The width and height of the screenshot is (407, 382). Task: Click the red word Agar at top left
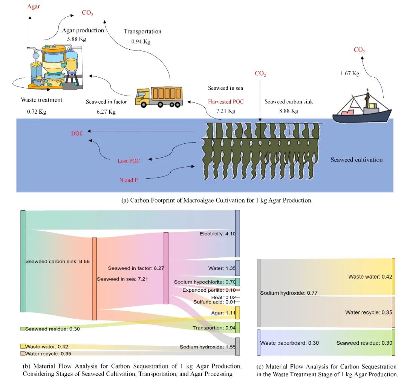(33, 6)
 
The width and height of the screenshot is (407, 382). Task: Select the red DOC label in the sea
(77, 133)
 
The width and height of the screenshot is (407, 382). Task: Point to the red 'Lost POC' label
(129, 161)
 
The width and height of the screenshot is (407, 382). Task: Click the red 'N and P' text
(129, 180)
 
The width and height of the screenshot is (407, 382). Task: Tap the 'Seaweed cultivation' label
(356, 160)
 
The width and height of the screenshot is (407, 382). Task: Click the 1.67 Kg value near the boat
(350, 73)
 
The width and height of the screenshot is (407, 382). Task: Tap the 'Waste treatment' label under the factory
(42, 100)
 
